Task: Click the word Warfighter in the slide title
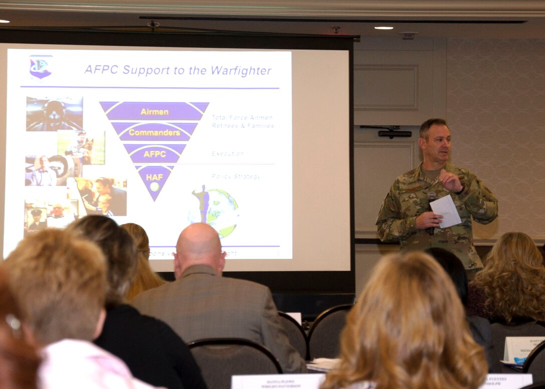(x=241, y=71)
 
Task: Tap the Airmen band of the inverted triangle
(x=154, y=112)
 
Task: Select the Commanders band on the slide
(x=154, y=133)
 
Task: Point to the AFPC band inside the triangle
(x=154, y=154)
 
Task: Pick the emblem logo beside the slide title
(x=41, y=67)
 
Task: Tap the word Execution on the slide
(x=228, y=154)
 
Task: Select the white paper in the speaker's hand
(x=445, y=210)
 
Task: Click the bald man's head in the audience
(x=199, y=244)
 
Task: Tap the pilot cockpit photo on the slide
(x=54, y=114)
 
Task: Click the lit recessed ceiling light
(x=384, y=28)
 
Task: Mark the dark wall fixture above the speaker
(x=395, y=133)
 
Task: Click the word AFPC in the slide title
(x=102, y=70)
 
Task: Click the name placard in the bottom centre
(x=278, y=381)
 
